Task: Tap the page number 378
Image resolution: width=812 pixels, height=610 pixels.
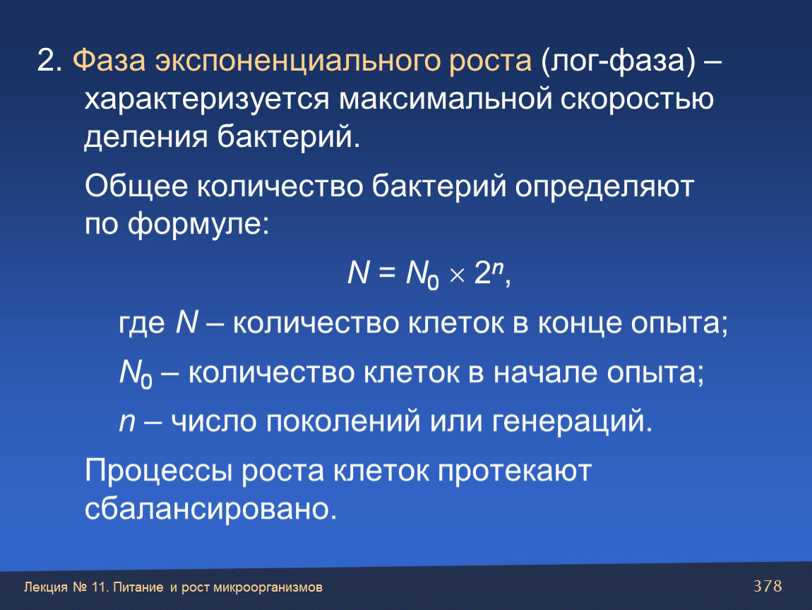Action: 768,586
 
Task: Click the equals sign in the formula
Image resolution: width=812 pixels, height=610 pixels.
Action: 387,273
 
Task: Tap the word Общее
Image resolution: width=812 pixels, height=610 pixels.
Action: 136,186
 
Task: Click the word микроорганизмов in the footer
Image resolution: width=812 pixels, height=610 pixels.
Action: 268,588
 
